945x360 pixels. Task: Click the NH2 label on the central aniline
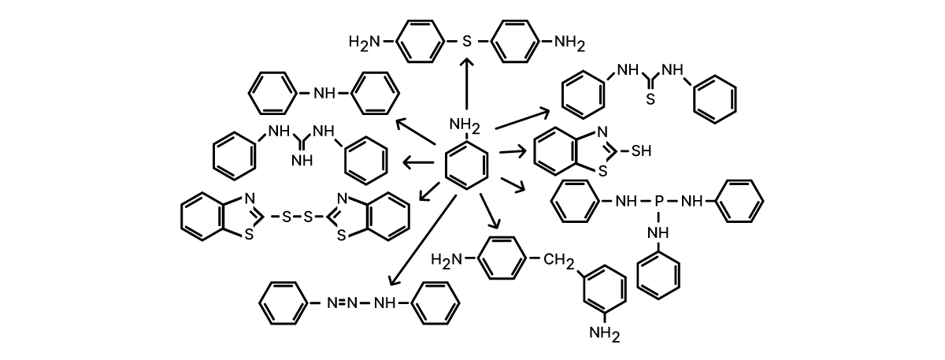pos(465,124)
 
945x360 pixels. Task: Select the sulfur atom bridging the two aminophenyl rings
pos(467,41)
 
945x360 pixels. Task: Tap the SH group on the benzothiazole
pos(642,150)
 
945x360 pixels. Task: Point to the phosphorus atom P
pos(659,202)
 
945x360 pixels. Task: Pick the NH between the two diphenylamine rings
pos(324,93)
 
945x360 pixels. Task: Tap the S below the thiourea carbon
pos(650,100)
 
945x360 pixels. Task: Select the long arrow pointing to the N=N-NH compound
pos(423,239)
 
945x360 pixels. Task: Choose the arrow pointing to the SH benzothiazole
pos(513,150)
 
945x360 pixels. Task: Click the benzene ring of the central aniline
pos(466,166)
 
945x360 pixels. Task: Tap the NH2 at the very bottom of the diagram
pos(605,334)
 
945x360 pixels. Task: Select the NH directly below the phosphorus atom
pos(658,232)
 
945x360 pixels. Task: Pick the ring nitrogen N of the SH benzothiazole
pos(602,132)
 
